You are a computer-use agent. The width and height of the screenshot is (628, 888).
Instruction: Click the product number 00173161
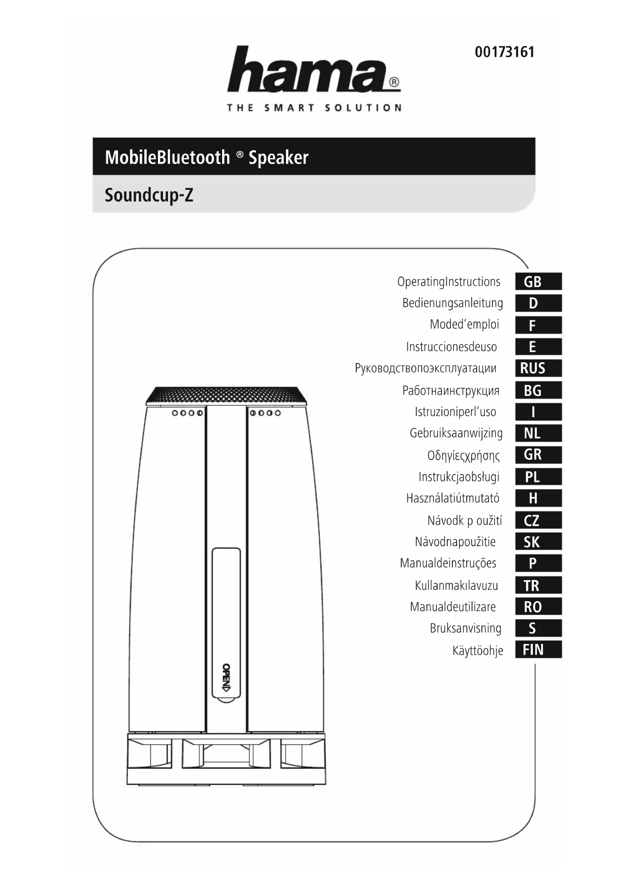[x=504, y=52]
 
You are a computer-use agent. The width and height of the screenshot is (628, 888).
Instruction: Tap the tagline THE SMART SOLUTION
[x=314, y=108]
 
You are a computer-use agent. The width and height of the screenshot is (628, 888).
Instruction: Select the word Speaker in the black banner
[x=278, y=157]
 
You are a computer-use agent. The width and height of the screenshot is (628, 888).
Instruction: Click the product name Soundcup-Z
[x=149, y=195]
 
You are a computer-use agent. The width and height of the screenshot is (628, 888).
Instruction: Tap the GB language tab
[x=538, y=281]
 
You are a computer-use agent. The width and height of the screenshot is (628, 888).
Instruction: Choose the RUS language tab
[x=538, y=368]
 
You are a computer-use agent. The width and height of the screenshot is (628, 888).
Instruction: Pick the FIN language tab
[x=538, y=650]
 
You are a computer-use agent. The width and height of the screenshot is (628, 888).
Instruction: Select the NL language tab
[x=538, y=433]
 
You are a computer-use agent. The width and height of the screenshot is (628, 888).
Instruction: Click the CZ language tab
[x=538, y=520]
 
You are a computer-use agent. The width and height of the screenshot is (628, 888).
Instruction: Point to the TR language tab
[x=538, y=585]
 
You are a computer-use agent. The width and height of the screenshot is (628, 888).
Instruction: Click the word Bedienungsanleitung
[x=452, y=303]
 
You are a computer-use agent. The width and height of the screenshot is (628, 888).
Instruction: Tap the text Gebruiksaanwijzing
[x=456, y=433]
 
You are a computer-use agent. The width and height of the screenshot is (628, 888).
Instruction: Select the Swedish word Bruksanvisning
[x=466, y=628]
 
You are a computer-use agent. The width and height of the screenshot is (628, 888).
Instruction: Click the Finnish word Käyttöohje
[x=478, y=651]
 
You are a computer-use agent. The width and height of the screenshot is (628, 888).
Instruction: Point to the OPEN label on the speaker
[x=226, y=677]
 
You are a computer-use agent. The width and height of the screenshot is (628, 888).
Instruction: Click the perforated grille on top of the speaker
[x=226, y=394]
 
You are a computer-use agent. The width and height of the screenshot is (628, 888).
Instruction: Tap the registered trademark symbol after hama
[x=394, y=83]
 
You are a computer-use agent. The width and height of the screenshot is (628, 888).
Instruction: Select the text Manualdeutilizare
[x=453, y=607]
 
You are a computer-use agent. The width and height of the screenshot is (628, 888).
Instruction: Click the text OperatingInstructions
[x=448, y=282]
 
